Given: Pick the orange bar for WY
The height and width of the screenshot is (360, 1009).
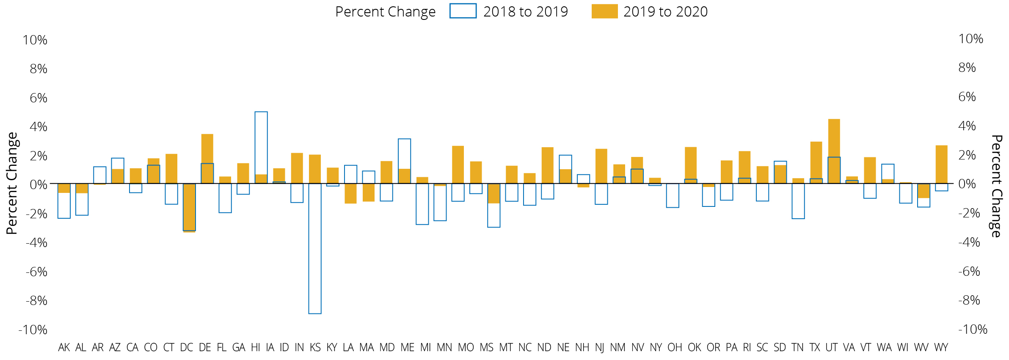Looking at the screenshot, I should [x=941, y=164].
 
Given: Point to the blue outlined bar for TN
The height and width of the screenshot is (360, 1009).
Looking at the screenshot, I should [x=798, y=201].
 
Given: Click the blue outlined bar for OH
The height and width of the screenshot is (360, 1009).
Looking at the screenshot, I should [x=673, y=195].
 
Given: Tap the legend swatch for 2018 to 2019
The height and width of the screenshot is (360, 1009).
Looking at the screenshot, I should [x=463, y=11].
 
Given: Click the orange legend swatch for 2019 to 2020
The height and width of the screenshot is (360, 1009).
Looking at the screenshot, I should [x=604, y=11].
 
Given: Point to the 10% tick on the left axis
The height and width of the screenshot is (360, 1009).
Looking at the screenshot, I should [x=35, y=40].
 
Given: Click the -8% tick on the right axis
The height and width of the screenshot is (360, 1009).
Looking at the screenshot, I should [x=969, y=300].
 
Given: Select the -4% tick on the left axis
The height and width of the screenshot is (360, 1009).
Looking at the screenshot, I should [x=36, y=243].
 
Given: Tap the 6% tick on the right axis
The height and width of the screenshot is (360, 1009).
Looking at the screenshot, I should [x=967, y=97].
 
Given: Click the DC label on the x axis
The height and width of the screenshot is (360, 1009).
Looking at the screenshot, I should [x=186, y=348].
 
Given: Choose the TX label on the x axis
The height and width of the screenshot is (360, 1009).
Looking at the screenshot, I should [x=815, y=348].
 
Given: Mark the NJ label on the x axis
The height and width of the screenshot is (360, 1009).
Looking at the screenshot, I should [x=599, y=348].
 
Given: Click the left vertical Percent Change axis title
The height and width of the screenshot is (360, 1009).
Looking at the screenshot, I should [x=12, y=183].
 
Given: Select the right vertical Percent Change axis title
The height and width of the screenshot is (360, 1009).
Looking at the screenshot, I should [x=996, y=186].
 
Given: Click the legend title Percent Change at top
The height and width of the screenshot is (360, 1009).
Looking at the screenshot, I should [x=385, y=12].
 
